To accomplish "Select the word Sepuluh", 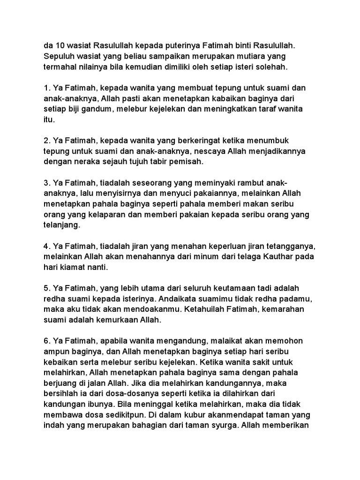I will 59,56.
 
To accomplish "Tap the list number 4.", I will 46,247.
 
